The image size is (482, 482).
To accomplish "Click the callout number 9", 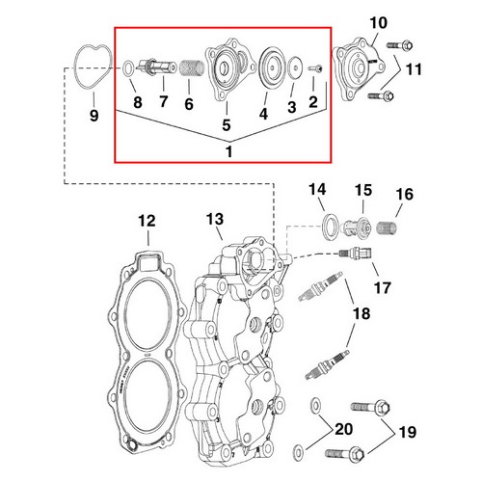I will point(94,117).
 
